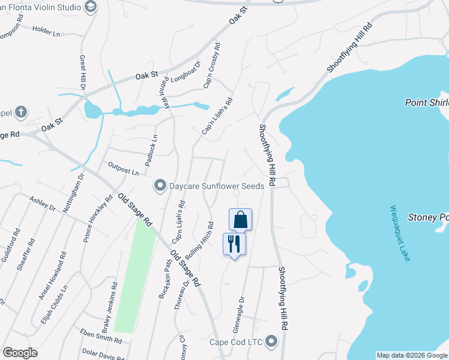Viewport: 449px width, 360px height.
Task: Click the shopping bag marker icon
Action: [240, 220]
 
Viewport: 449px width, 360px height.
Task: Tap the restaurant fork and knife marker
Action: [234, 244]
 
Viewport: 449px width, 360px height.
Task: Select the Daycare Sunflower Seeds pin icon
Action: [160, 186]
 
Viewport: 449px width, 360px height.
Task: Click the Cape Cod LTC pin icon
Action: [271, 342]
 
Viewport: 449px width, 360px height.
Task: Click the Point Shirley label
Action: [427, 102]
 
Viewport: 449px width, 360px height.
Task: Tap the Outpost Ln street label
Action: [123, 168]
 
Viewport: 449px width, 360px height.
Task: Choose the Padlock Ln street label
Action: [152, 146]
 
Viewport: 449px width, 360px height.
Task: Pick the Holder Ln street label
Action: [46, 31]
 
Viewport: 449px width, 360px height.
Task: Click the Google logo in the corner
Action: [20, 353]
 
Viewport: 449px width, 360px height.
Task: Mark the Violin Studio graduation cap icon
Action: [91, 7]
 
